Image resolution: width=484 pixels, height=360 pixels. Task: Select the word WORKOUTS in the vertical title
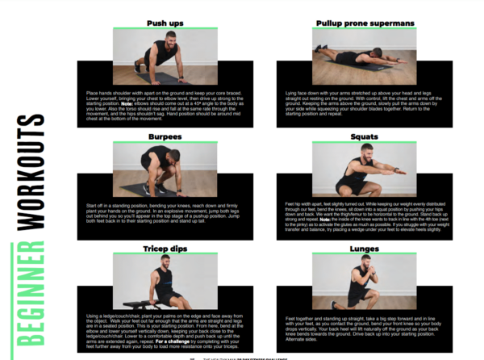(x=31, y=170)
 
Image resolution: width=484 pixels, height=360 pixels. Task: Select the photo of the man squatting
(x=364, y=170)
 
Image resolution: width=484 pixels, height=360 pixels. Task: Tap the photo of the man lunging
(x=364, y=282)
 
